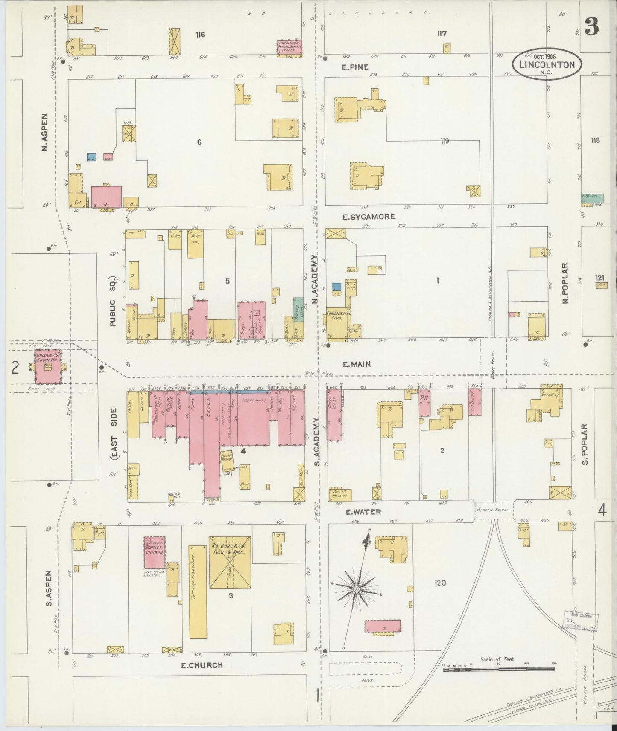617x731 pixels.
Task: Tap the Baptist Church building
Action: point(154,552)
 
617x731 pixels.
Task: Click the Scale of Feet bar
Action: point(498,670)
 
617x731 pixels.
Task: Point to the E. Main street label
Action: point(356,364)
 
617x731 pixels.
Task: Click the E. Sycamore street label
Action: point(368,217)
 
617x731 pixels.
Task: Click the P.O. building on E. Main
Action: point(424,402)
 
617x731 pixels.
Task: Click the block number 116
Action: point(200,35)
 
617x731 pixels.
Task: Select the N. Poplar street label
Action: point(566,283)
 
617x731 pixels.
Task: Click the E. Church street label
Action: point(200,665)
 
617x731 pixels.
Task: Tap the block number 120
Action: point(440,583)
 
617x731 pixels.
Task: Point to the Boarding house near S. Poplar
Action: point(548,401)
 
